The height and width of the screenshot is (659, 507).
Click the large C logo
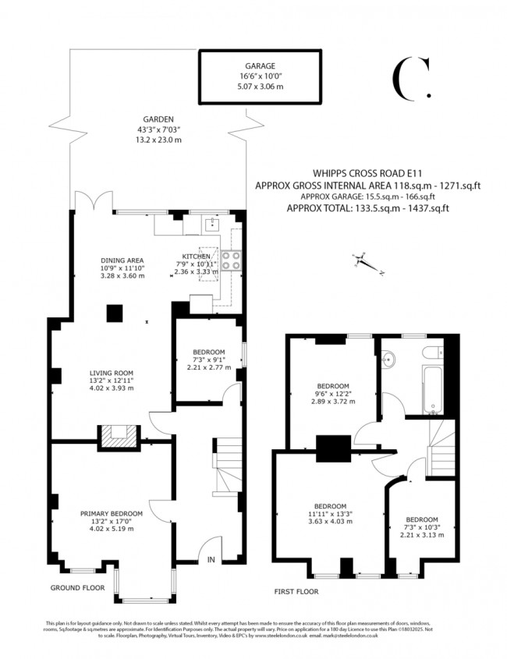409,79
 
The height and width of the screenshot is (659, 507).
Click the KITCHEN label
195,256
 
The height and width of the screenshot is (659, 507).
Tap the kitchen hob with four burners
232,260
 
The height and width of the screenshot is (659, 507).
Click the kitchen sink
211,225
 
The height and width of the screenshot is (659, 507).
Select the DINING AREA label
122,260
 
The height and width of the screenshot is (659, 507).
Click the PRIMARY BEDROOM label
112,513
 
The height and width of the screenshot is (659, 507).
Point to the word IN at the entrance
211,559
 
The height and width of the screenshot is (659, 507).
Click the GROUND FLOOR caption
79,587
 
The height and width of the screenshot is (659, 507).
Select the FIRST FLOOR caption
296,592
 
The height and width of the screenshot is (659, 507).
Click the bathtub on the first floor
434,388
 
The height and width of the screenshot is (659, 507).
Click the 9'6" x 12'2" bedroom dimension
334,394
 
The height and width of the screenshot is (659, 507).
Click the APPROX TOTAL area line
367,208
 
